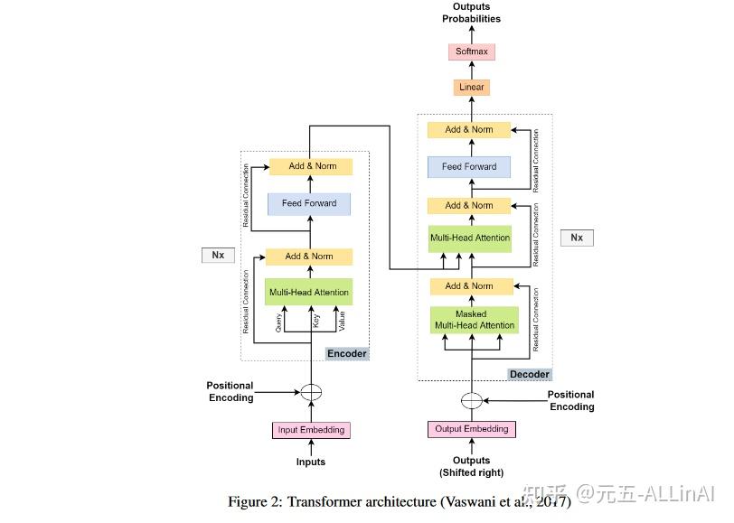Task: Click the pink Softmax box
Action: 471,51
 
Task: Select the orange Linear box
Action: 471,87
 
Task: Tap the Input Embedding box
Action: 311,430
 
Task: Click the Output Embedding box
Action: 471,429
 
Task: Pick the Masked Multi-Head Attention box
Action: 475,320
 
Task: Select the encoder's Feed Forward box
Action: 309,203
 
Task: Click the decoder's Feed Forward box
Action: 469,167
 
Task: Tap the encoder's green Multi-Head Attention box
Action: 309,292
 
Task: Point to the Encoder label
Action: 347,354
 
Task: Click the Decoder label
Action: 530,374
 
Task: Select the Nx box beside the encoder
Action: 218,255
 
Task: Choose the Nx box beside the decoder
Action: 577,238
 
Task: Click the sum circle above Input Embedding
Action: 311,392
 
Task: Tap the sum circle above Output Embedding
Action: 471,400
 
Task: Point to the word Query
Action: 278,322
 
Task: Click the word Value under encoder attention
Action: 343,321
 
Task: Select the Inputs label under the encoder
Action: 311,462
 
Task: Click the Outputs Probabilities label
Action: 471,13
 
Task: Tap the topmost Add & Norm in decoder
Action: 469,129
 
